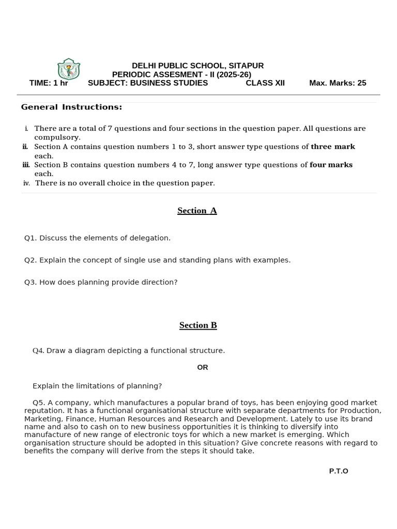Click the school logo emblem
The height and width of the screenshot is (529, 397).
click(68, 69)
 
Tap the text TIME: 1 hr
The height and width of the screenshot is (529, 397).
click(49, 83)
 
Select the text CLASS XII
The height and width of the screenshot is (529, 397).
click(265, 83)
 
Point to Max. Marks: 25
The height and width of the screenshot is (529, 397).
click(338, 83)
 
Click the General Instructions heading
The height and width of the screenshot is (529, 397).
click(71, 107)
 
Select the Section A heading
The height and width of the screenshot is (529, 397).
click(197, 211)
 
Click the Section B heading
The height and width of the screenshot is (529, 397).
click(198, 325)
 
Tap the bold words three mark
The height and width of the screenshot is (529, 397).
click(332, 147)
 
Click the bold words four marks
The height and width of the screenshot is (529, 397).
click(331, 165)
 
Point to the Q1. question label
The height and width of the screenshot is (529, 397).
click(30, 238)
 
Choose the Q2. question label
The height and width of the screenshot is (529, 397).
click(30, 260)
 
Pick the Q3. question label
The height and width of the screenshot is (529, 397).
click(30, 283)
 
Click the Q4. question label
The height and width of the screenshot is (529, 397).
click(38, 351)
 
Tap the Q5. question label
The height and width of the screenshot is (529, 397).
click(39, 402)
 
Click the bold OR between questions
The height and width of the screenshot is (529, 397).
click(203, 367)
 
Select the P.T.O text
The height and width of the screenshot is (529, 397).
click(339, 471)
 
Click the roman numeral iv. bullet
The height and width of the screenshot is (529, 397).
click(26, 183)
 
